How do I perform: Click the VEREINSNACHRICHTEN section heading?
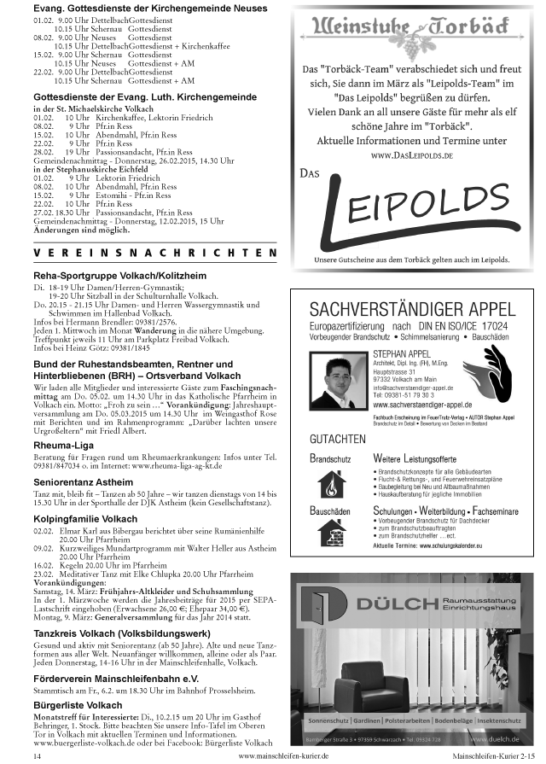(x=154, y=254)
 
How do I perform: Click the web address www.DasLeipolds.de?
(x=412, y=156)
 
